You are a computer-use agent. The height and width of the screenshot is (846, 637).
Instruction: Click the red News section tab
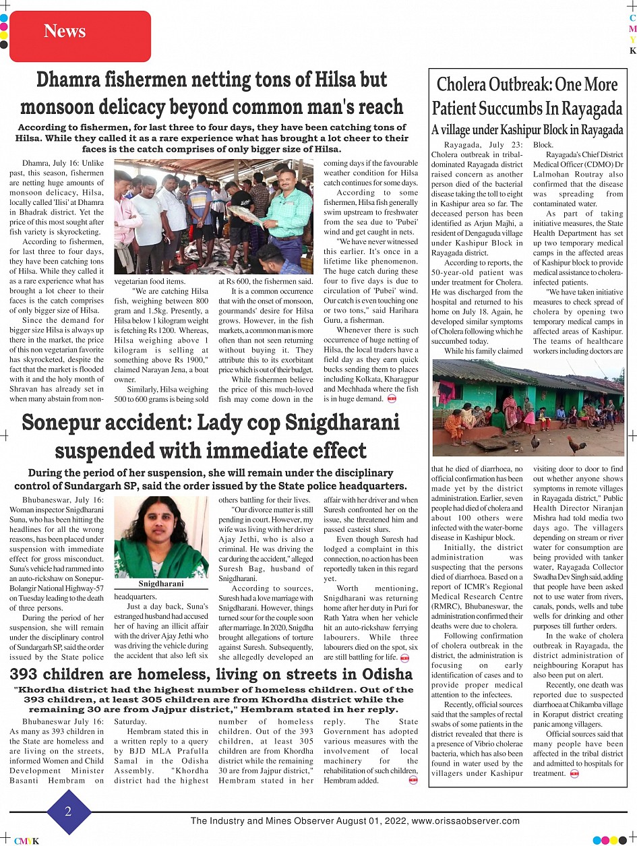click(x=65, y=31)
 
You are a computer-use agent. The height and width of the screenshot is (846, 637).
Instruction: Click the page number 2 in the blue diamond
click(x=68, y=812)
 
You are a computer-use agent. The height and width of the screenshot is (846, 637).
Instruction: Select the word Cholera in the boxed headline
click(x=471, y=85)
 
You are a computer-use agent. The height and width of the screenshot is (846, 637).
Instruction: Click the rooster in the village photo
click(x=576, y=445)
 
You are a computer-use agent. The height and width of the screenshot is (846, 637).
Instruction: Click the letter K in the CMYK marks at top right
click(x=632, y=51)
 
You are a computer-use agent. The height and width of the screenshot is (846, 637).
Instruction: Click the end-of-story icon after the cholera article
click(x=574, y=774)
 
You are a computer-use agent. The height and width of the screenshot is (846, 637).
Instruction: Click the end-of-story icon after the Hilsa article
click(x=392, y=399)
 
